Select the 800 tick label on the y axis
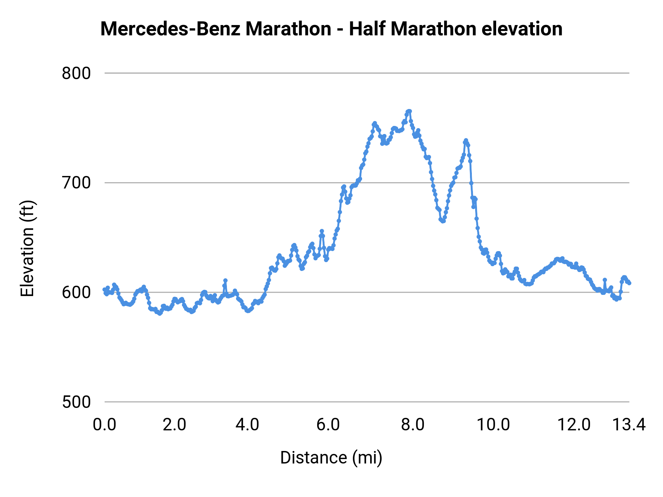click(76, 73)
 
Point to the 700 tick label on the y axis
click(76, 183)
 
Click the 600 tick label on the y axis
click(76, 292)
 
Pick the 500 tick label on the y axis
click(76, 402)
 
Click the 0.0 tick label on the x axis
click(105, 425)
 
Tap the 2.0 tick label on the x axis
click(174, 425)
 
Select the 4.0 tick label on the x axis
click(248, 425)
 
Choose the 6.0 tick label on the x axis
click(328, 425)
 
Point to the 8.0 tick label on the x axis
click(413, 425)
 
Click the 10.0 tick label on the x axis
click(493, 425)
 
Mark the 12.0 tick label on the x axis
click(574, 425)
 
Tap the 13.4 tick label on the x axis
click(629, 425)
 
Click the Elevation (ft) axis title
click(27, 248)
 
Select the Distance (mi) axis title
click(331, 458)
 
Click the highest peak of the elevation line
click(409, 111)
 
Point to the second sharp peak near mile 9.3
click(466, 140)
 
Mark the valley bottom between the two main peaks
click(443, 221)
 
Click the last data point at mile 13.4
click(629, 283)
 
